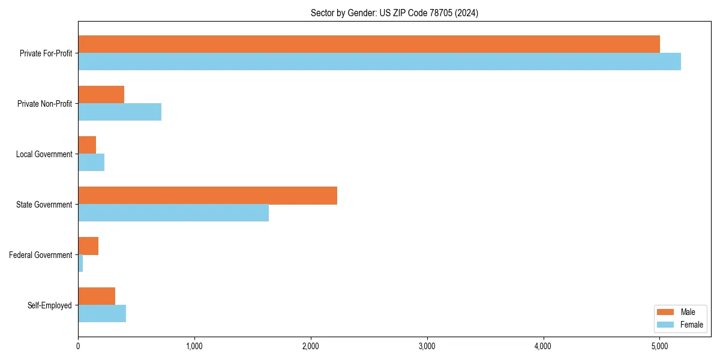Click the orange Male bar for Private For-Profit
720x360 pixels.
click(369, 44)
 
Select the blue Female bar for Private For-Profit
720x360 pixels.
click(379, 61)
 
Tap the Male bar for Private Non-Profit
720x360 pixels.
click(101, 94)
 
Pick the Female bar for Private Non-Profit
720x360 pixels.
click(119, 112)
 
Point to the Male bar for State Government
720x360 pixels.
click(208, 195)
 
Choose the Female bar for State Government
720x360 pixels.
click(173, 212)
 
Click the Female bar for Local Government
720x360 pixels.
click(91, 162)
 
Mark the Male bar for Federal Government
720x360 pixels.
click(88, 245)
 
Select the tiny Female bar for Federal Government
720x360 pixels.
click(80, 263)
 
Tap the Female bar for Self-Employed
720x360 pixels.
click(102, 313)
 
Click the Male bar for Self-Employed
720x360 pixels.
click(97, 296)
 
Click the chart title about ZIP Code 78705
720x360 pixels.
click(394, 13)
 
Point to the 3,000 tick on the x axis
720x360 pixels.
click(427, 346)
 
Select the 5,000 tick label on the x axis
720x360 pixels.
click(659, 346)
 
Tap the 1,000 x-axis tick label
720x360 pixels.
click(194, 346)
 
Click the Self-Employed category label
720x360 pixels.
click(50, 305)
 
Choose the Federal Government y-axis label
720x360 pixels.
click(41, 255)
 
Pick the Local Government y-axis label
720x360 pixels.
click(44, 154)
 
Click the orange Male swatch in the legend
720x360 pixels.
click(666, 312)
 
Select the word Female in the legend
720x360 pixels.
click(692, 325)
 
